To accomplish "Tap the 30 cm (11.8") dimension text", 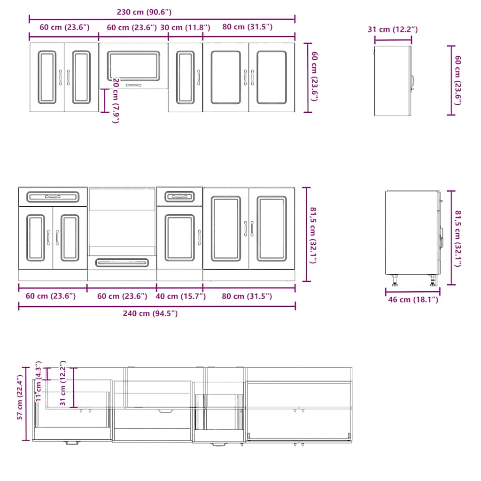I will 185,27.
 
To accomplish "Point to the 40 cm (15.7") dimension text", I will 179,296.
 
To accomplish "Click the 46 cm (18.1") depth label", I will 412,300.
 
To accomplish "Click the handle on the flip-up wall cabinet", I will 133,85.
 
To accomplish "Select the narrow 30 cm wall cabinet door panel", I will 185,78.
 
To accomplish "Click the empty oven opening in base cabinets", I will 122,221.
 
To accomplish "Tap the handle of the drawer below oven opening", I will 122,263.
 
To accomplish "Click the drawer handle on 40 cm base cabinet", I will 179,195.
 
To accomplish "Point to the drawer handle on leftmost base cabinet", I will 53,197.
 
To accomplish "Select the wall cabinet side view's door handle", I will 413,82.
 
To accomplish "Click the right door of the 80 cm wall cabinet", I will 272,78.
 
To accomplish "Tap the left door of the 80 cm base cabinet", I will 226,228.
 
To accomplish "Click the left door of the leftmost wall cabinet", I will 47,78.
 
